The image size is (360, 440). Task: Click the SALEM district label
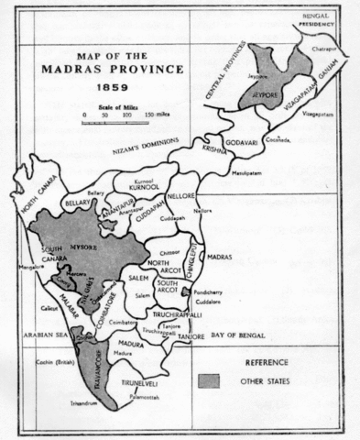(x=140, y=277)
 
